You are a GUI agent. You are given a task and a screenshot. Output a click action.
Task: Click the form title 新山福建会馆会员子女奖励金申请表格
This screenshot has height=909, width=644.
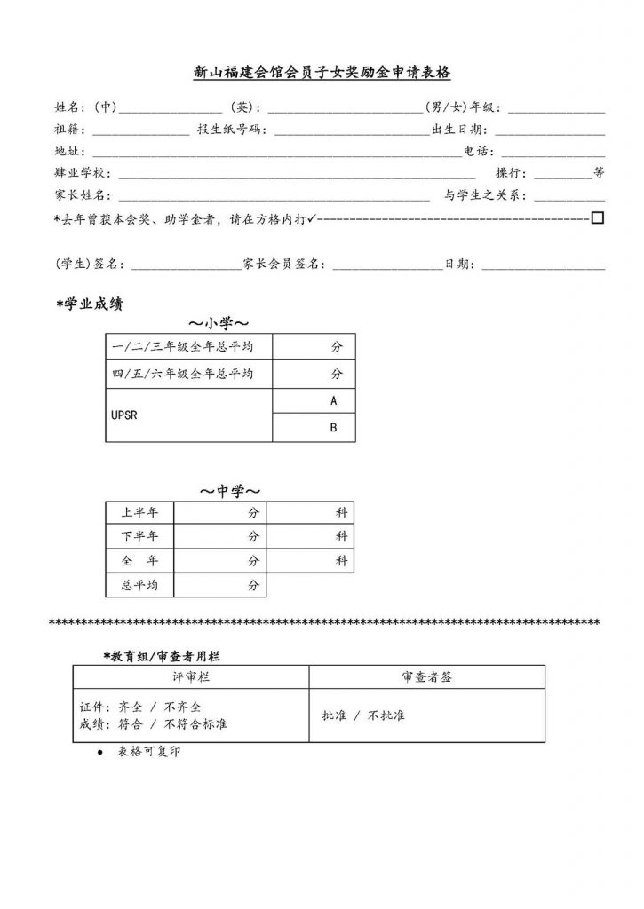[x=322, y=73]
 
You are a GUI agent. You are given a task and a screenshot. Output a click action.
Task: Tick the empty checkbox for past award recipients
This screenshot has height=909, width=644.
[x=598, y=217]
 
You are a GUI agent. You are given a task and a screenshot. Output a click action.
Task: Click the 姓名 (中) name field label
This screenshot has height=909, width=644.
[x=85, y=108]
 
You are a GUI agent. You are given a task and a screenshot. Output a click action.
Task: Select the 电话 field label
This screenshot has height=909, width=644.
[x=474, y=152]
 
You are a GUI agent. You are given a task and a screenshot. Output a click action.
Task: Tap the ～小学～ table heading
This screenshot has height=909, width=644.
[x=218, y=322]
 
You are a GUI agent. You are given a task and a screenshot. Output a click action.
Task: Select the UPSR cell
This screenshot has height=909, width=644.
[x=125, y=415]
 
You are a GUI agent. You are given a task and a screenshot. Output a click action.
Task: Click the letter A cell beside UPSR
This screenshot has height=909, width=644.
[x=333, y=401]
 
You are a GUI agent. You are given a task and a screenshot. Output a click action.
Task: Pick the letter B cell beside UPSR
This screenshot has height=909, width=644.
[x=333, y=428]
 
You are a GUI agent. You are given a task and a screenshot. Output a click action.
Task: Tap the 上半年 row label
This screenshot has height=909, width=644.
[x=139, y=512]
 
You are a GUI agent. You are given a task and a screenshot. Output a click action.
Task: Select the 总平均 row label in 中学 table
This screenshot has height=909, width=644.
[x=139, y=585]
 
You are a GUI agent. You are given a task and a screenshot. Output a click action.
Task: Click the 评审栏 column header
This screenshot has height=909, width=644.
[x=190, y=676]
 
